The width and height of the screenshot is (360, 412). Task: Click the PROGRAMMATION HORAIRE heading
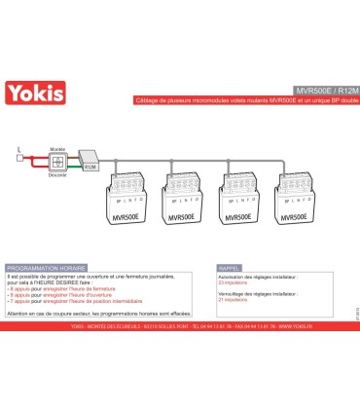[x=45, y=266]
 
